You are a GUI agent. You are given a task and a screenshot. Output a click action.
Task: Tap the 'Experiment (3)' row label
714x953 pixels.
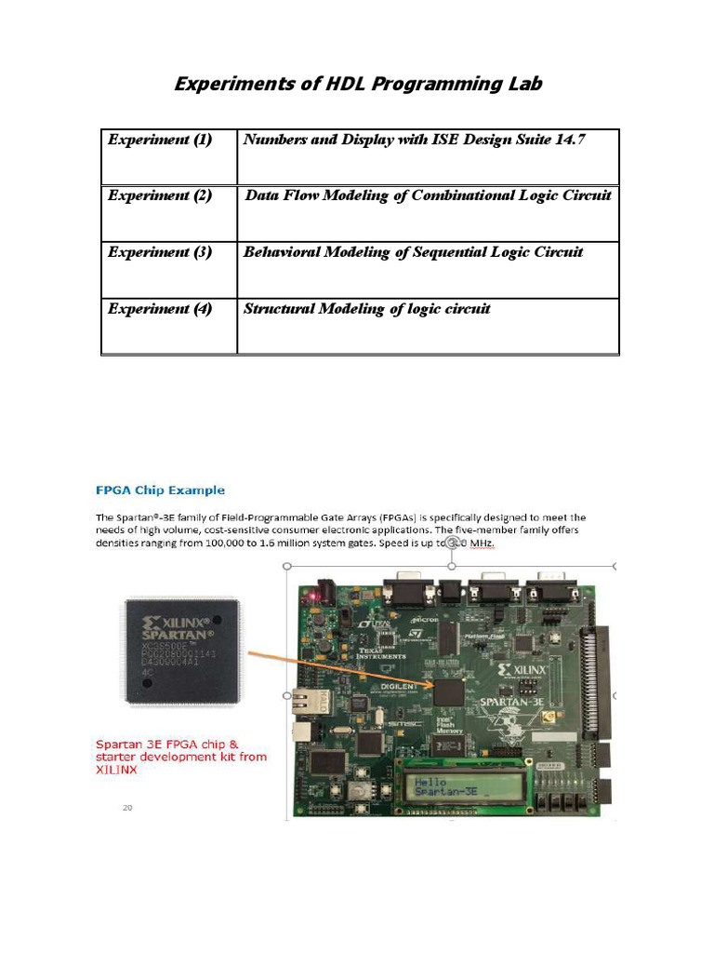click(x=160, y=252)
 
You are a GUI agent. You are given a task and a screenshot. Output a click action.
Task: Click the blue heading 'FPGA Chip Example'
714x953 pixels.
click(x=160, y=490)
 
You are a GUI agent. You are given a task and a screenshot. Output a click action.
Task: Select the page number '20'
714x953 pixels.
click(x=129, y=808)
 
